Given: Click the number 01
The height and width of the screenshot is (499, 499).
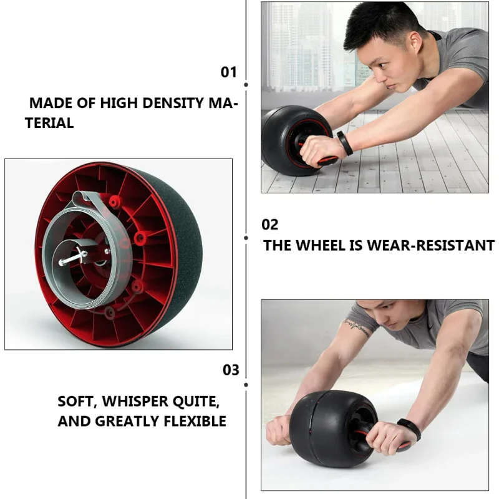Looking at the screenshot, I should [229, 72].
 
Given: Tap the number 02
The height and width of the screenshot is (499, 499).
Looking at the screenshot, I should [269, 225].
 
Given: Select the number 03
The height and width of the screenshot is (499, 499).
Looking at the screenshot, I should [231, 370].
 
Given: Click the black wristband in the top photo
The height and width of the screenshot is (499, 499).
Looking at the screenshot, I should [345, 142].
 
